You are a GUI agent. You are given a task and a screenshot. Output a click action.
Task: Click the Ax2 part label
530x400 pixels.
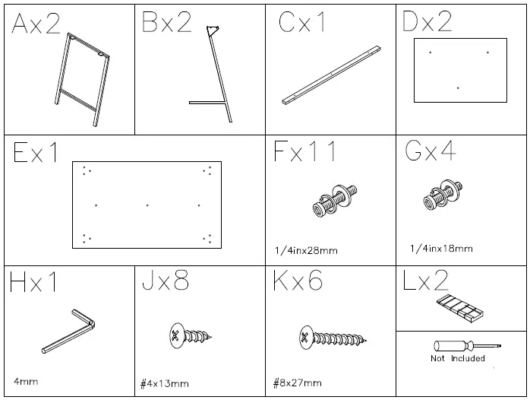pos(36,24)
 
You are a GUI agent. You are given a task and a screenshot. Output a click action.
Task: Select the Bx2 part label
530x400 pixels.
pos(166,22)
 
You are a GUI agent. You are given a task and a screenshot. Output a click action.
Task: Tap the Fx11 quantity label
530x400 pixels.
pos(305,151)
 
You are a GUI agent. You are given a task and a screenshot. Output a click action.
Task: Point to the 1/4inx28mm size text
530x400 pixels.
pos(306,251)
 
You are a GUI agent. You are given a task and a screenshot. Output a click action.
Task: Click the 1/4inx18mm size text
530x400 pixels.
pos(441,249)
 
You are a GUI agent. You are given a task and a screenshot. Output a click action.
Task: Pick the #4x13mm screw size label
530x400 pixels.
pos(165,384)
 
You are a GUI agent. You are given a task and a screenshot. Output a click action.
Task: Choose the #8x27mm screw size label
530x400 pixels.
pos(298,383)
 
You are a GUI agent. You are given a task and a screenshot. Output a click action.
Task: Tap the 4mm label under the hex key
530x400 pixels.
pos(26,382)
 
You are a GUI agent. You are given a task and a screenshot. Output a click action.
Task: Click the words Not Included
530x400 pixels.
pos(458,358)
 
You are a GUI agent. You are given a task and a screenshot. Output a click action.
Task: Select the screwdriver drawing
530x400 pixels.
pos(467,346)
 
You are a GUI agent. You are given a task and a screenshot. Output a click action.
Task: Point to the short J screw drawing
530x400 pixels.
pos(191,335)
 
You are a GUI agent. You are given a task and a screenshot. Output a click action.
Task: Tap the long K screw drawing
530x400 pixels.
pos(333,338)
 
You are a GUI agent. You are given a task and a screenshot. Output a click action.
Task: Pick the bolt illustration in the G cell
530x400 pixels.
pos(443,195)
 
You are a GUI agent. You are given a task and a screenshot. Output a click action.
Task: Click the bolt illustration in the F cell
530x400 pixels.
pos(335,201)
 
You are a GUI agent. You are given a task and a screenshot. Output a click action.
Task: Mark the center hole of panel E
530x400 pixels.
pos(147,205)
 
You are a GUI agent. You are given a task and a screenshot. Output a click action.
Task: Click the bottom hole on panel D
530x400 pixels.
pos(458,88)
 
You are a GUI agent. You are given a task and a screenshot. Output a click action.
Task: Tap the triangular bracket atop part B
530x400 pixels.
pos(213,30)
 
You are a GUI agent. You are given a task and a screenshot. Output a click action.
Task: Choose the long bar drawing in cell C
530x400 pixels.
pos(332,75)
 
